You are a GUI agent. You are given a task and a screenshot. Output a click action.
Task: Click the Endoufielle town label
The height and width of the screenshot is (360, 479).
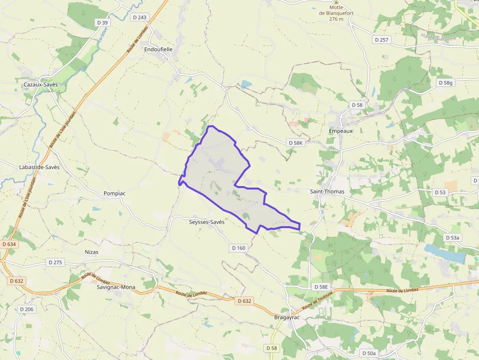point(158,49)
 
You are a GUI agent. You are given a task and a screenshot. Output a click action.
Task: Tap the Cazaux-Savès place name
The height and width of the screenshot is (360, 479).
point(41,85)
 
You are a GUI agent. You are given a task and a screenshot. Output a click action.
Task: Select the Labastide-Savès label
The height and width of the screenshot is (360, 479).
point(39,167)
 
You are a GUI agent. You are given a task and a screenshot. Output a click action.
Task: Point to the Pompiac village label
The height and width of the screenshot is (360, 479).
point(114,193)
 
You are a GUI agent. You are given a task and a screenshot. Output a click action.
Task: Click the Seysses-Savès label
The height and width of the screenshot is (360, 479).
point(207,222)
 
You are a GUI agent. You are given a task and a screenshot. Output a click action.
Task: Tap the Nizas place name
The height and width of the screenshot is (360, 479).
point(91,252)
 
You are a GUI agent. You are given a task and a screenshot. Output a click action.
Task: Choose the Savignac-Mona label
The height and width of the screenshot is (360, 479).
point(116,287)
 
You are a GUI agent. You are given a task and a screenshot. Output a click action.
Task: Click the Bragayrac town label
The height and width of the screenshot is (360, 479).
point(286,317)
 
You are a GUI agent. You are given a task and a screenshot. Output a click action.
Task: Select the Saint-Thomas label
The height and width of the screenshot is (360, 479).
point(327,191)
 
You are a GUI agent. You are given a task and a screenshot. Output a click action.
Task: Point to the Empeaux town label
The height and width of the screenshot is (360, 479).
point(341,131)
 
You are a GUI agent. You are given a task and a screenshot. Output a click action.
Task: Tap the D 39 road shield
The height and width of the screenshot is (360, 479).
point(102,22)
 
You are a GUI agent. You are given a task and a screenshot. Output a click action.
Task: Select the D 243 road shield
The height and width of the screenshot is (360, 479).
point(139,17)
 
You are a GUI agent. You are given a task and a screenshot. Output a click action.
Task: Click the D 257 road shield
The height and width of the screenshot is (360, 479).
point(381,40)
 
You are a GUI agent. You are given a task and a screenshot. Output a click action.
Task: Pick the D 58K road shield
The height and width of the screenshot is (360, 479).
point(296,143)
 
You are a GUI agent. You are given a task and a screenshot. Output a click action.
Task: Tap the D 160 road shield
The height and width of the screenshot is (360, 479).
point(239,248)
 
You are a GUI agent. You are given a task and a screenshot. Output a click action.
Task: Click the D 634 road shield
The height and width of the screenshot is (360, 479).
point(9,244)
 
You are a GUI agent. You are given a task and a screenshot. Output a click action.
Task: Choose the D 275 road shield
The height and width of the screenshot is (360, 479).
point(56,262)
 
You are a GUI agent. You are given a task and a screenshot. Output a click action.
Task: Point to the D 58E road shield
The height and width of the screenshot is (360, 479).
point(322,287)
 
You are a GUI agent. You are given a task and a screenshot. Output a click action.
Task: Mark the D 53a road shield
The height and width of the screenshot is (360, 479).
point(453,237)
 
